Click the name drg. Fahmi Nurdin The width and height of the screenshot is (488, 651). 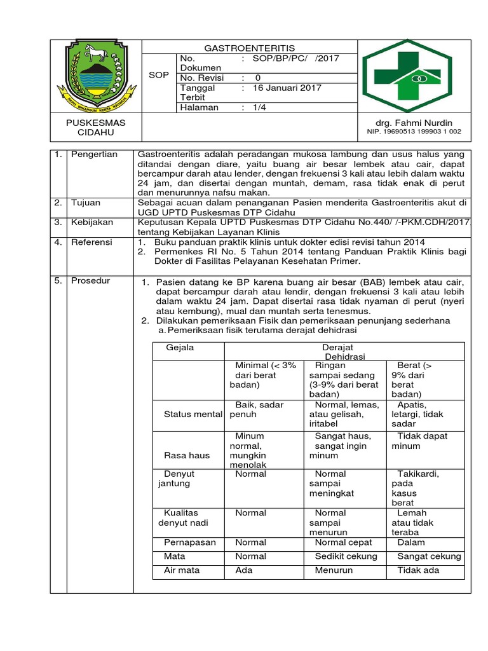(x=414, y=122)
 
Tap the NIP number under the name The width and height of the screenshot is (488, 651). (x=414, y=132)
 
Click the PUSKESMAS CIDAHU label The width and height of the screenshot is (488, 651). (x=97, y=127)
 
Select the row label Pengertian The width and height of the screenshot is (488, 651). (x=94, y=154)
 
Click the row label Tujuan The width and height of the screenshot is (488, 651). (x=86, y=203)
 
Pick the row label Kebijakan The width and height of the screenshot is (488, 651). (x=92, y=223)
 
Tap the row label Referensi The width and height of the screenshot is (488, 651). (x=91, y=242)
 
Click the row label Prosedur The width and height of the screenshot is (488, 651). (x=90, y=280)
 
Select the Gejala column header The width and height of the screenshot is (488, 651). (x=180, y=348)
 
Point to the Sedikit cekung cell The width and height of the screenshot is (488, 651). (x=346, y=556)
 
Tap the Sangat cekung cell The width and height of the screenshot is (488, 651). (x=429, y=556)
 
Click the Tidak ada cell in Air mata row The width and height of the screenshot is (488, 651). (x=418, y=570)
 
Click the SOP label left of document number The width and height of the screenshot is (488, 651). (x=159, y=74)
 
